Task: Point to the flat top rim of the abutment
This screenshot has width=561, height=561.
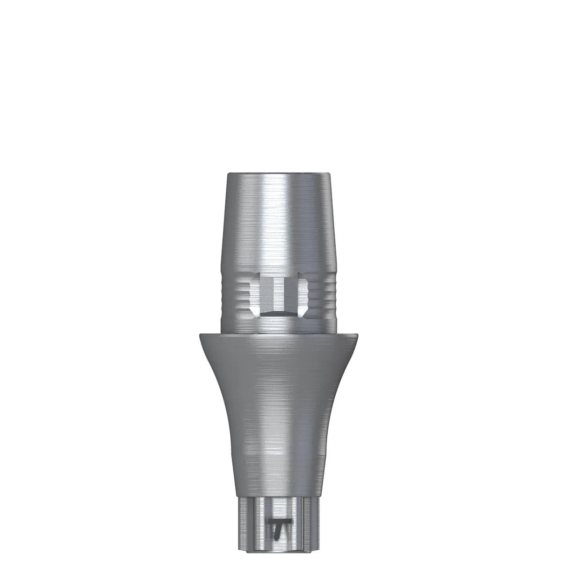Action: pyautogui.click(x=279, y=174)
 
